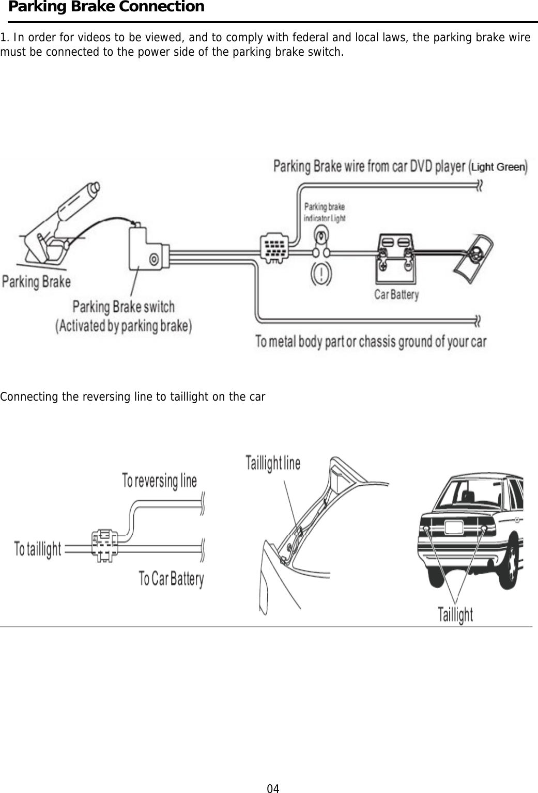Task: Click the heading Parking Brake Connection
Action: tap(106, 7)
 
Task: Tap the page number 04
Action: tap(273, 788)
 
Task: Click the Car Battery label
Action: tap(396, 295)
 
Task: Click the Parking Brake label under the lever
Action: tap(36, 282)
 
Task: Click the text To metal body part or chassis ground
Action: tap(371, 342)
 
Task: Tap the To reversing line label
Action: tap(159, 481)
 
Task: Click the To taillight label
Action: tap(38, 549)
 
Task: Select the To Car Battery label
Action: tap(171, 578)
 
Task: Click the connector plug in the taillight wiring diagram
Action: tap(105, 545)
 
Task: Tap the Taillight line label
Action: tap(272, 463)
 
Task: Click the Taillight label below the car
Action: tap(455, 614)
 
